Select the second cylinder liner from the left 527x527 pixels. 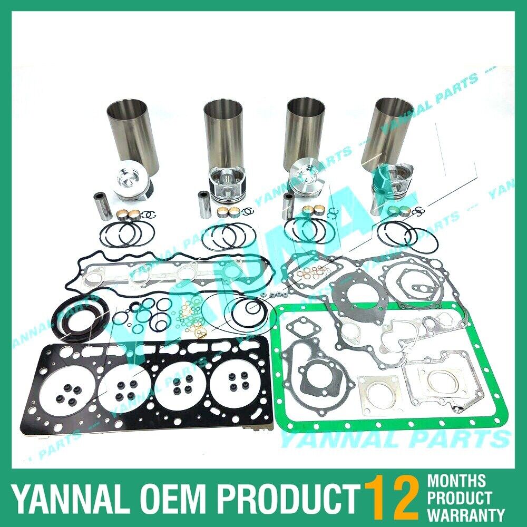223,132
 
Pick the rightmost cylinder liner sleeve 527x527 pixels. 387,129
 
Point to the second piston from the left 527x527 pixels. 224,184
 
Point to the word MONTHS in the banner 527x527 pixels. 456,481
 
